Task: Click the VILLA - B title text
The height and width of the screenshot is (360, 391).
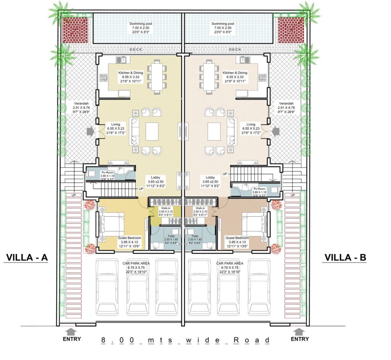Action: point(345,258)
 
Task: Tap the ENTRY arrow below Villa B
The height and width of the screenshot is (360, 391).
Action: point(299,331)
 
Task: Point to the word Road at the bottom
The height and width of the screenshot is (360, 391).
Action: point(252,340)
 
